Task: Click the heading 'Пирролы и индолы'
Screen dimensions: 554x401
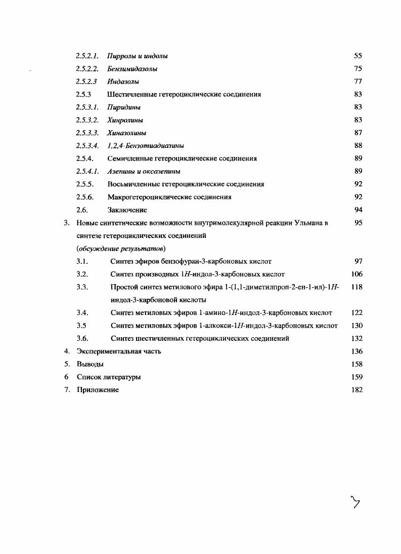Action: [x=138, y=56]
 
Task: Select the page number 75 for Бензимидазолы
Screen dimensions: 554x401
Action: [x=358, y=68]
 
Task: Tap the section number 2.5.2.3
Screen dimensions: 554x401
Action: [x=86, y=82]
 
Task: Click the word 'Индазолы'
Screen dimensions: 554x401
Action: [x=123, y=82]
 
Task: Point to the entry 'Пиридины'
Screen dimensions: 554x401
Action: [x=124, y=107]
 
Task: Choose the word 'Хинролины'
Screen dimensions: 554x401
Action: [x=125, y=120]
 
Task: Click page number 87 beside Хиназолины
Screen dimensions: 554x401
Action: [x=358, y=133]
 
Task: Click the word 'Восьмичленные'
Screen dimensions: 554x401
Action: [x=132, y=184]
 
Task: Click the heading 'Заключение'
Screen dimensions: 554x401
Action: [x=127, y=210]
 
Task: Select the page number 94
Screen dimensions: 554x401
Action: [x=358, y=210]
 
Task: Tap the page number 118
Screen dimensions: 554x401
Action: [x=356, y=287]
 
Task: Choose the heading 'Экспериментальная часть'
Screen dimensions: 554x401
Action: [x=119, y=351]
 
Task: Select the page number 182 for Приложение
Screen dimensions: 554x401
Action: [x=356, y=389]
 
